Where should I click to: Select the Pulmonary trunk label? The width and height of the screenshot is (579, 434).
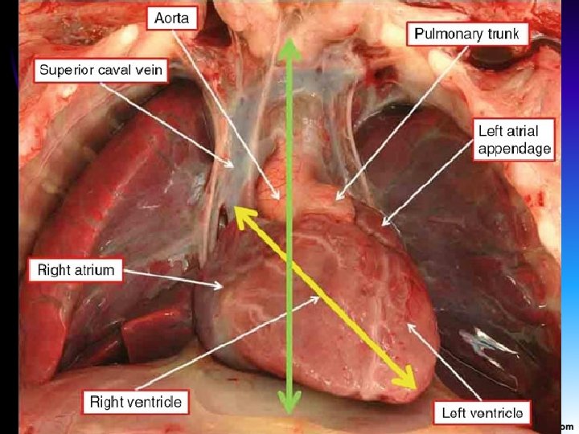click(x=470, y=34)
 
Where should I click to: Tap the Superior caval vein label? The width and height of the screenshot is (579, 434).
click(x=101, y=70)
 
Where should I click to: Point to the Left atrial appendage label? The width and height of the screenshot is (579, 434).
click(x=513, y=139)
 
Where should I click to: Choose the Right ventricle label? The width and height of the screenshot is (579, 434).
click(x=135, y=401)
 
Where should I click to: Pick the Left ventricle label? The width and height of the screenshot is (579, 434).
click(x=482, y=414)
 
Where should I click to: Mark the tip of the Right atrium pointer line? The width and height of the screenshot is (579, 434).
click(x=223, y=286)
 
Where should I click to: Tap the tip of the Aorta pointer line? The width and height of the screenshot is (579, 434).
click(x=281, y=198)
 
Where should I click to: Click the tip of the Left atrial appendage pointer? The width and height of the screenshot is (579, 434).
click(x=381, y=224)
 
